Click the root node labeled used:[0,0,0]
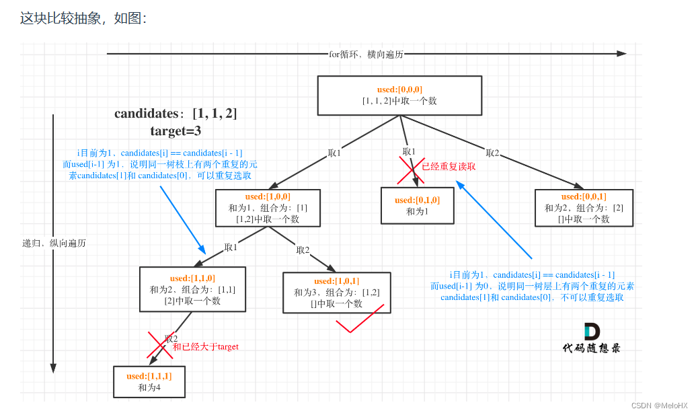coord(399,95)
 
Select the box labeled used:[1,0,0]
coord(268,208)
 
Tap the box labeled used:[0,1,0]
coord(417,205)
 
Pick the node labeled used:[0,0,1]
coord(584,208)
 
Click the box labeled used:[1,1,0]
coord(192,289)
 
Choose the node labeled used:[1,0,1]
coord(336,292)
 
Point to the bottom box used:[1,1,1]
coord(149,381)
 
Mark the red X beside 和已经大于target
coord(160,344)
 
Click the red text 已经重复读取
coord(449,167)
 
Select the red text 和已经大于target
coord(206,346)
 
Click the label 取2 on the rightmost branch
coord(493,153)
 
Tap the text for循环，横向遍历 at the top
coord(366,54)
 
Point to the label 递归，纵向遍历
coord(54,243)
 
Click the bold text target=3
coord(176,130)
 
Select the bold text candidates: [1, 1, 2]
coord(176,114)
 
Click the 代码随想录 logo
coord(592,338)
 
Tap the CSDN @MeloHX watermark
coord(660,405)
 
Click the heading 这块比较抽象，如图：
coord(83,18)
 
